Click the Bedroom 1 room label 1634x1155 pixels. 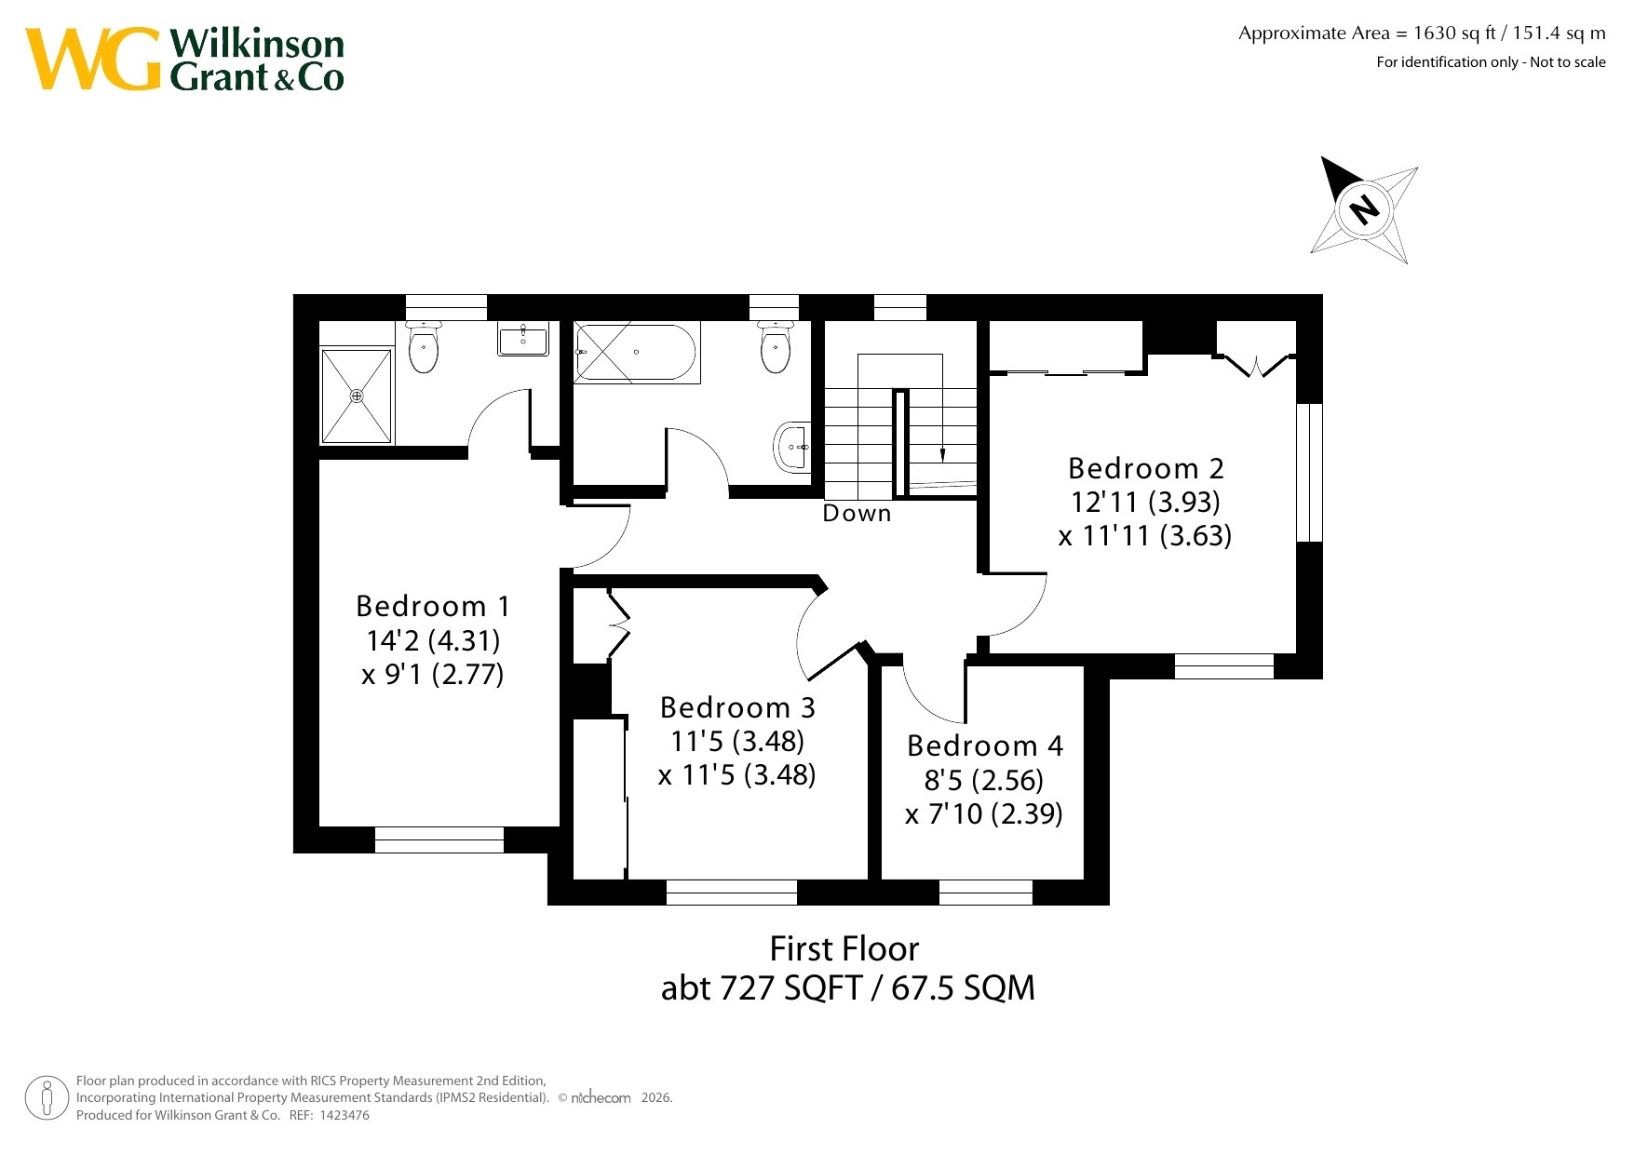[433, 607]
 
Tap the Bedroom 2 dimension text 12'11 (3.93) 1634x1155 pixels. [1145, 503]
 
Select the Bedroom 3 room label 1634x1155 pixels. [737, 708]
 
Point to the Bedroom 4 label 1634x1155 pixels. [985, 746]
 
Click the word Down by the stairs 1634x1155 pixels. [857, 514]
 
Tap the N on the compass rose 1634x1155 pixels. [1364, 208]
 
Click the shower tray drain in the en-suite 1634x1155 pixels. [357, 396]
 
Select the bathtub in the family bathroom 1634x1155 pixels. [635, 353]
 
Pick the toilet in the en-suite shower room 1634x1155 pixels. [424, 347]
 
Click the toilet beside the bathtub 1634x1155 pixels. [776, 347]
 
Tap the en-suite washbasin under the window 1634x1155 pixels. [523, 340]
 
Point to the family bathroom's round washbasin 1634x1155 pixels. [791, 448]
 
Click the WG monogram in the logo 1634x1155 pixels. [93, 59]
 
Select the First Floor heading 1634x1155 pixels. [844, 949]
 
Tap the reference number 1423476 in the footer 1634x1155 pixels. [344, 1115]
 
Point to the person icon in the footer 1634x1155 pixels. [47, 1098]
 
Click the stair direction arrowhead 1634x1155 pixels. [942, 455]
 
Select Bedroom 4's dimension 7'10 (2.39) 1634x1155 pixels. [984, 814]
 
